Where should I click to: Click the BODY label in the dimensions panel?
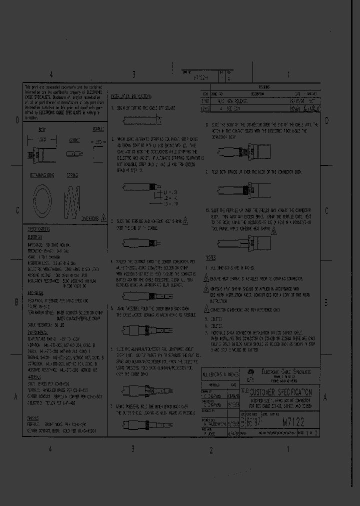coord(43,129)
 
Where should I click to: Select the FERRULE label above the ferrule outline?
coord(98,129)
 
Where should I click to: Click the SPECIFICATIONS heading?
coord(38,228)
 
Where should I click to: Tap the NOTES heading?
coord(210,257)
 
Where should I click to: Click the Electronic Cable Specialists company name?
coord(283,372)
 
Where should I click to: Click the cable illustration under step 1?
coord(142,119)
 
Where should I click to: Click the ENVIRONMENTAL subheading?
coord(37,331)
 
